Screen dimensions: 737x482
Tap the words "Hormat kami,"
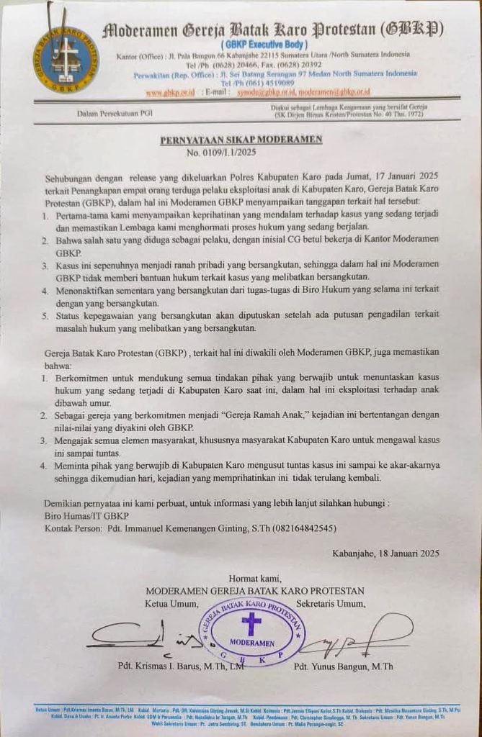tap(256, 578)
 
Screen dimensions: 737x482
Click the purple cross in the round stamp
tap(251, 623)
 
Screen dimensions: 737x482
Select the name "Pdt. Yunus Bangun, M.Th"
tap(343, 666)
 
